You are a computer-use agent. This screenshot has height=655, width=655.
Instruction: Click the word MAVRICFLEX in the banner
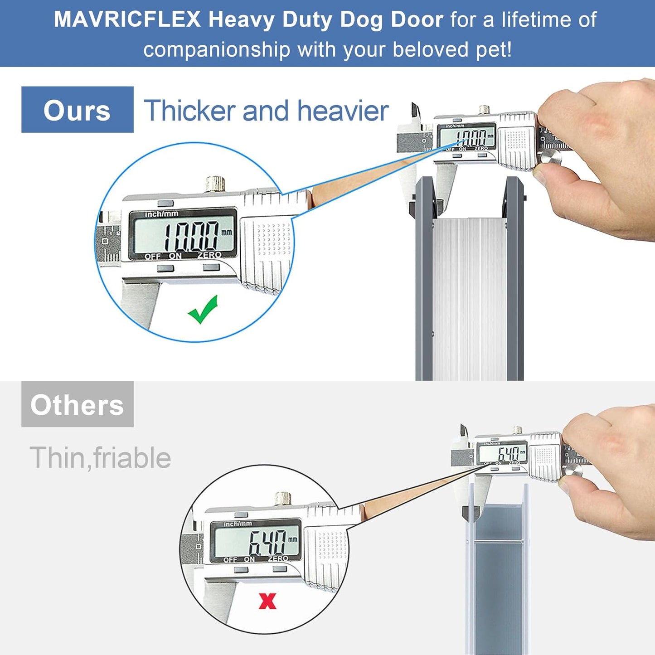click(127, 19)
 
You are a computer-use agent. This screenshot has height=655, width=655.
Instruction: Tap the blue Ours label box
click(77, 110)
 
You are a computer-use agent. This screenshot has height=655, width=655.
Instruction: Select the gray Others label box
click(77, 404)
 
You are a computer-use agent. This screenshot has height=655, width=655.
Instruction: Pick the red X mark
click(267, 601)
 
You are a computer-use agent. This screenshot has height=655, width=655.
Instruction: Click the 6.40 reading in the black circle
click(267, 542)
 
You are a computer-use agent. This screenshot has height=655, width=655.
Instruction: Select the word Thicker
click(191, 111)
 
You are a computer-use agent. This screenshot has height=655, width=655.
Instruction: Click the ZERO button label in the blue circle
click(209, 256)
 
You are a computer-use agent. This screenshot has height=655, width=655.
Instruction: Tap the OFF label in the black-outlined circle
click(230, 560)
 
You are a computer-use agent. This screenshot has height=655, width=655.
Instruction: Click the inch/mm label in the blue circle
click(161, 214)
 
